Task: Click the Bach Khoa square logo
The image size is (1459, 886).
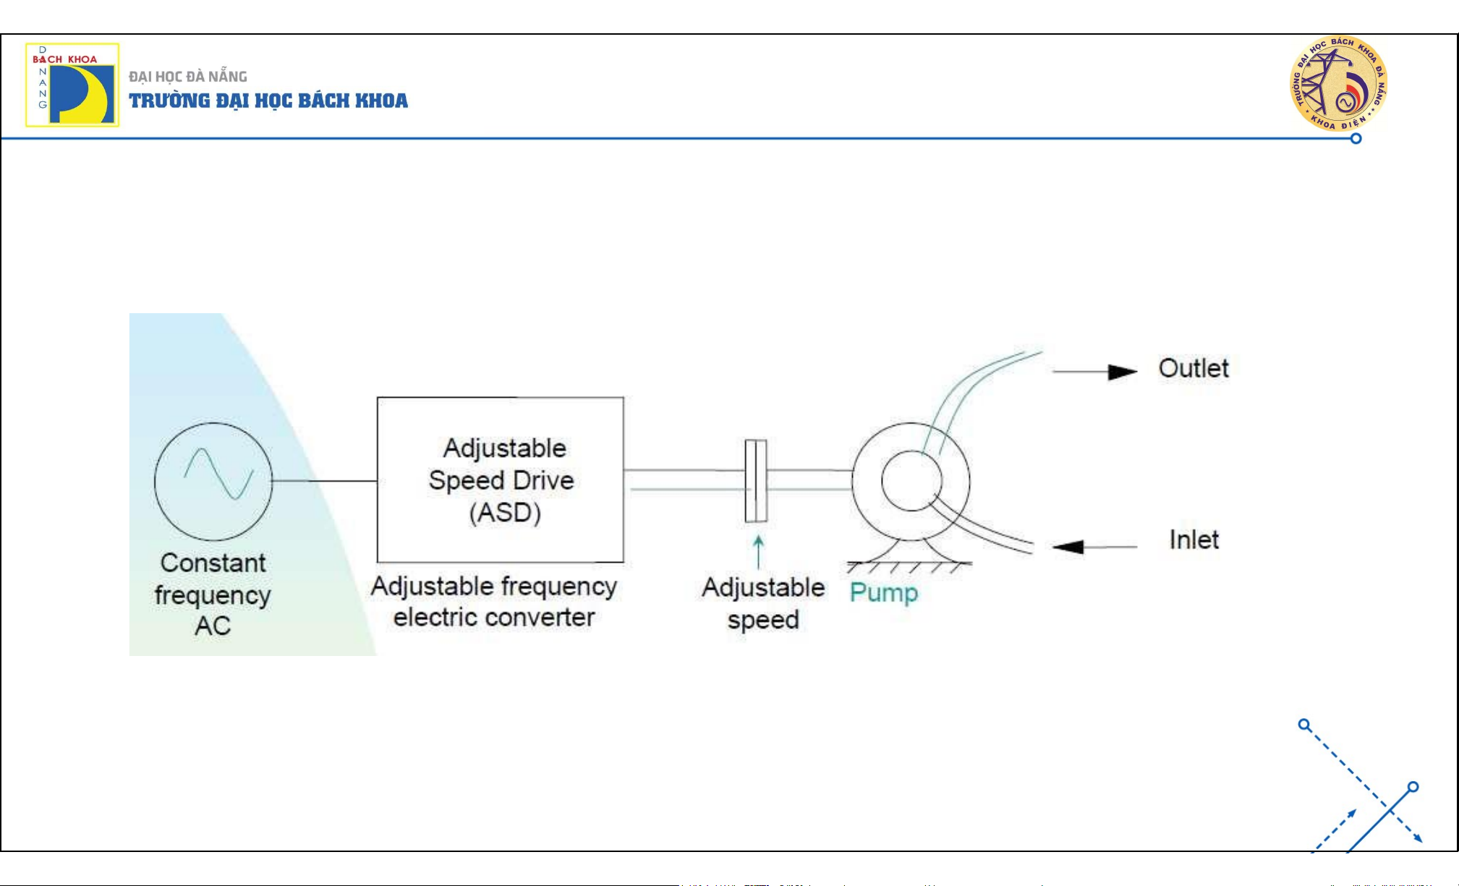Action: click(72, 85)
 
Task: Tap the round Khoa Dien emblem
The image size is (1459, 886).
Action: click(1338, 83)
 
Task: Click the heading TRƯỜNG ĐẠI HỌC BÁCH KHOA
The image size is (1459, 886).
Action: click(268, 101)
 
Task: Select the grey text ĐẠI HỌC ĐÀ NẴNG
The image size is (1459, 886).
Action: click(188, 77)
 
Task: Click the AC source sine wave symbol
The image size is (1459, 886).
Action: click(218, 474)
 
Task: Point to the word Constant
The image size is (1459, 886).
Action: click(213, 563)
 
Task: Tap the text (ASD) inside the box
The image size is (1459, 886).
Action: click(505, 513)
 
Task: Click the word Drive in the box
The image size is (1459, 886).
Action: click(543, 480)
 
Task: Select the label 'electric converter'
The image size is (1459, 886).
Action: click(494, 617)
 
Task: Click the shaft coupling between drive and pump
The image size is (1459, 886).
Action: click(756, 480)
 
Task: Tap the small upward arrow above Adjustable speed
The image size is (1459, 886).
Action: click(758, 550)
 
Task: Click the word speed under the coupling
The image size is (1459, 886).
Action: click(763, 620)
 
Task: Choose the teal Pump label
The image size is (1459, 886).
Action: click(883, 592)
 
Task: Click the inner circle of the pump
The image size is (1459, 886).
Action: click(911, 480)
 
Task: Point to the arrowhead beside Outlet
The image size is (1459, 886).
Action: click(1123, 372)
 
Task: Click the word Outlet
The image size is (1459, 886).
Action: click(1194, 368)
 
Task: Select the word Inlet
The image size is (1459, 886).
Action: click(1194, 540)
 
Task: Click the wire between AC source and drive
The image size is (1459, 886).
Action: click(324, 480)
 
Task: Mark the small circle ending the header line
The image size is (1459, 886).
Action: click(1356, 138)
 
